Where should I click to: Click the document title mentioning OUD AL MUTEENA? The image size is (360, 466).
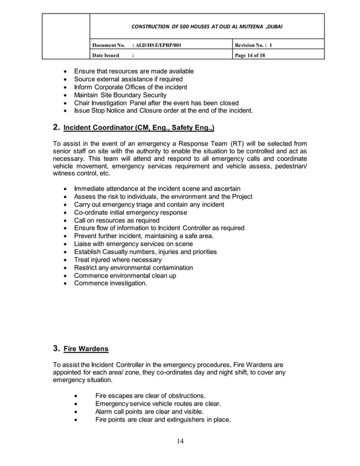pyautogui.click(x=207, y=27)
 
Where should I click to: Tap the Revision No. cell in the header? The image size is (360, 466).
pyautogui.click(x=254, y=45)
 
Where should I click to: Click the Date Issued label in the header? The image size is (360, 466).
pyautogui.click(x=106, y=55)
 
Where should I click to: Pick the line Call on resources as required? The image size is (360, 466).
pyautogui.click(x=117, y=220)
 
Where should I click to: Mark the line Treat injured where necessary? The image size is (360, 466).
pyautogui.click(x=118, y=260)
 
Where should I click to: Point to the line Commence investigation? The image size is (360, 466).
pyautogui.click(x=111, y=283)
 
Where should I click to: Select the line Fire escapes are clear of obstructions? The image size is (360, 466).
pyautogui.click(x=151, y=395)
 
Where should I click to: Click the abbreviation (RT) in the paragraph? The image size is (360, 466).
pyautogui.click(x=238, y=144)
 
